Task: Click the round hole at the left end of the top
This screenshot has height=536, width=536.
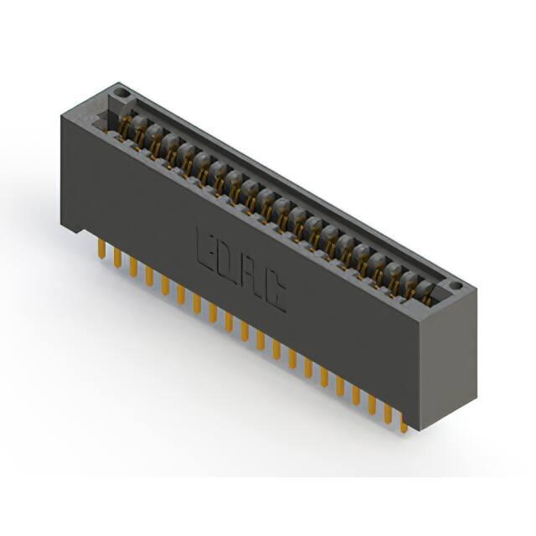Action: (x=120, y=92)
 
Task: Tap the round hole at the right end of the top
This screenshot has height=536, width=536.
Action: (x=456, y=286)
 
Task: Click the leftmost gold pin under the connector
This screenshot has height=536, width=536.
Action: (x=101, y=248)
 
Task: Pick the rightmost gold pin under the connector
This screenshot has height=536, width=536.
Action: (x=404, y=424)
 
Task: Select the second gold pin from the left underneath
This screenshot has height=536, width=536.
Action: (x=117, y=258)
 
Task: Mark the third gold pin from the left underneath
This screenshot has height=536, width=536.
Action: (x=133, y=266)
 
